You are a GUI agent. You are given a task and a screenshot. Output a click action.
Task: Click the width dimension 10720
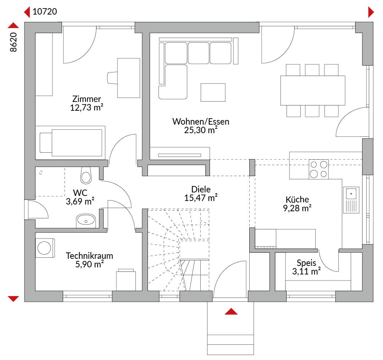click(45, 11)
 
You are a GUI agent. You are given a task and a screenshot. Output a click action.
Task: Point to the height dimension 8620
click(13, 42)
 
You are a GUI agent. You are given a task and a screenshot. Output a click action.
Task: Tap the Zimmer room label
click(87, 99)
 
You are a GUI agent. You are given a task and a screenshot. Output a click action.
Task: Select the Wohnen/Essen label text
click(201, 121)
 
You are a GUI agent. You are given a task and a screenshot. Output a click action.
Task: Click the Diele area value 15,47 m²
click(201, 198)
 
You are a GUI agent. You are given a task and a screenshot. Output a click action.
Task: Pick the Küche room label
click(297, 199)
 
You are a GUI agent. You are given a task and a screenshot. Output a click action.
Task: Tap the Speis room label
click(306, 263)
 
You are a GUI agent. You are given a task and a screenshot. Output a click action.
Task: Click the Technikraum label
click(89, 256)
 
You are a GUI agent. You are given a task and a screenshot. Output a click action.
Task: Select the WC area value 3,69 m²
click(80, 201)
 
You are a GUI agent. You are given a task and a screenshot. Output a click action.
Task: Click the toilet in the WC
click(86, 176)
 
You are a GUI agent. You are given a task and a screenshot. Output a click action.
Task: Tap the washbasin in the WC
click(86, 221)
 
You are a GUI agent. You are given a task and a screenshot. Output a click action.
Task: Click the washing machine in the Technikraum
click(45, 248)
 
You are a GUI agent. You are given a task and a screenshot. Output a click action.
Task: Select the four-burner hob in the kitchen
click(319, 169)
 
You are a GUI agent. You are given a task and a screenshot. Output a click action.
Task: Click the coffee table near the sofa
click(213, 92)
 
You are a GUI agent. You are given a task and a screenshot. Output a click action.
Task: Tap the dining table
click(313, 91)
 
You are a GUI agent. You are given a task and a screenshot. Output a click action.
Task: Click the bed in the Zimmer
click(70, 143)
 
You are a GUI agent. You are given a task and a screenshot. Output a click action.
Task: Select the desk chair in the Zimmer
click(112, 78)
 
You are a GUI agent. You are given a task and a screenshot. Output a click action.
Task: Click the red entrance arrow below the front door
click(231, 311)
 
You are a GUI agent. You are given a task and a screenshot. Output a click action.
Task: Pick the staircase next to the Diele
click(178, 250)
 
